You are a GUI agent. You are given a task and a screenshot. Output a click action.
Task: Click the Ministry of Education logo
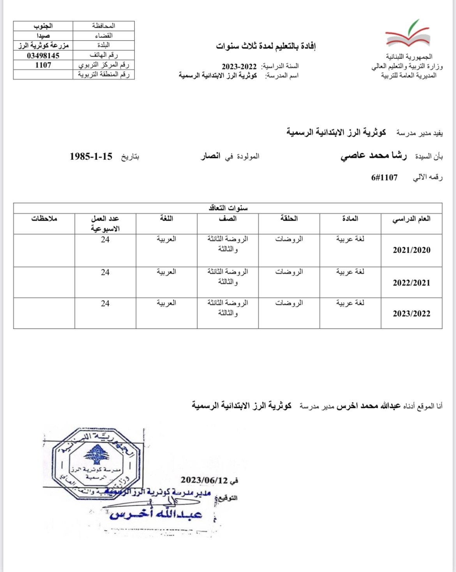coord(408,34)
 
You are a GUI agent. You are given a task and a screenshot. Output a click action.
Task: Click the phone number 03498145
coord(43,56)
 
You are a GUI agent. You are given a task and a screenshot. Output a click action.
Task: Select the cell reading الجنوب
coord(43,26)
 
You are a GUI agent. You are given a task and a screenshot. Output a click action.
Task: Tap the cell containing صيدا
coord(43,36)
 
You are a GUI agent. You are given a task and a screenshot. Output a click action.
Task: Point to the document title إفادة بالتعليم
coord(266,46)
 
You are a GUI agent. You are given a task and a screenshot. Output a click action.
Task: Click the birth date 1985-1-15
coord(91,157)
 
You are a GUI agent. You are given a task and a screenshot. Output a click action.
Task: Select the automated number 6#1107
coord(384,178)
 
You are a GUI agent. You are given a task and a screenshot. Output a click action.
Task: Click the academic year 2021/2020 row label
coord(412,250)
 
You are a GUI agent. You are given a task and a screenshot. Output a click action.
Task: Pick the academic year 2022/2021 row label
coord(412,283)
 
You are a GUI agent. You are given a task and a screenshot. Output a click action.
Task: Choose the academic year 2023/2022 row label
coord(412,314)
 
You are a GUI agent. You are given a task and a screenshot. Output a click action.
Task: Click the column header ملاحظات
coord(44,219)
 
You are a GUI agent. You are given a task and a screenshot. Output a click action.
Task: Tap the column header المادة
coord(350,219)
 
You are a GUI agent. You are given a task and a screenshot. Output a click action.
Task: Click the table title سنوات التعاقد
coord(228,208)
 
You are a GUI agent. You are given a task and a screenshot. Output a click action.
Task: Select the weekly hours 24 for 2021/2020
coord(105,240)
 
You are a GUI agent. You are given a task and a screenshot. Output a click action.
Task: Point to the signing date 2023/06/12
coord(204,480)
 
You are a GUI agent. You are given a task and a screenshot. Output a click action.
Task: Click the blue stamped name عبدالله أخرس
coord(156,514)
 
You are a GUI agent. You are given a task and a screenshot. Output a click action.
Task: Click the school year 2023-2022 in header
coord(239,66)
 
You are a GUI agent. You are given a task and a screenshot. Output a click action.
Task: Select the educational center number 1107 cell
coord(43,65)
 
